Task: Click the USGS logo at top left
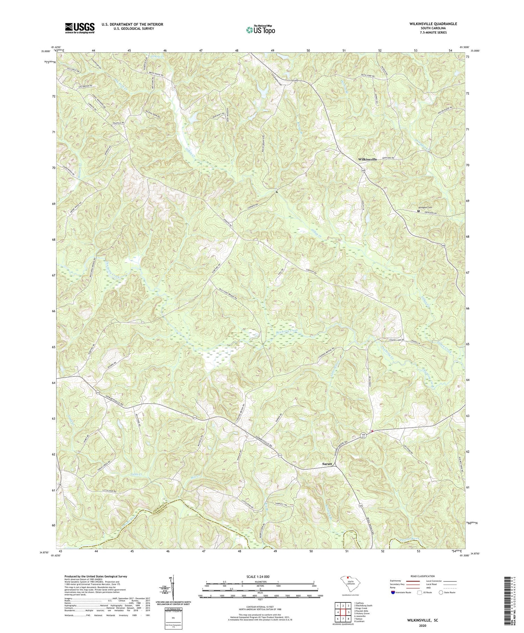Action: point(80,28)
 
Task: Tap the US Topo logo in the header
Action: point(260,30)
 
